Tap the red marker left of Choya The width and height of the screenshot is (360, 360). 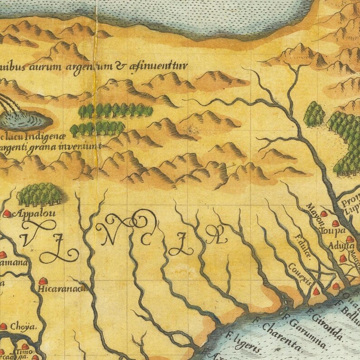pos(4,326)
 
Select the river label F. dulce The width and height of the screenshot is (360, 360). pos(303,247)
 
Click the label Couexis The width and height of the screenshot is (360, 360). pos(300,274)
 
